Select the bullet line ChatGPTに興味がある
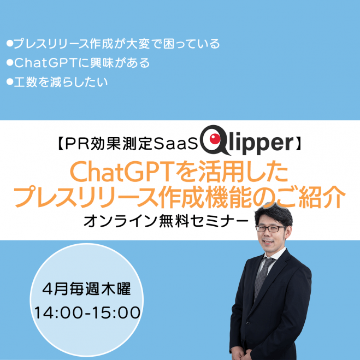pyautogui.click(x=77, y=63)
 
